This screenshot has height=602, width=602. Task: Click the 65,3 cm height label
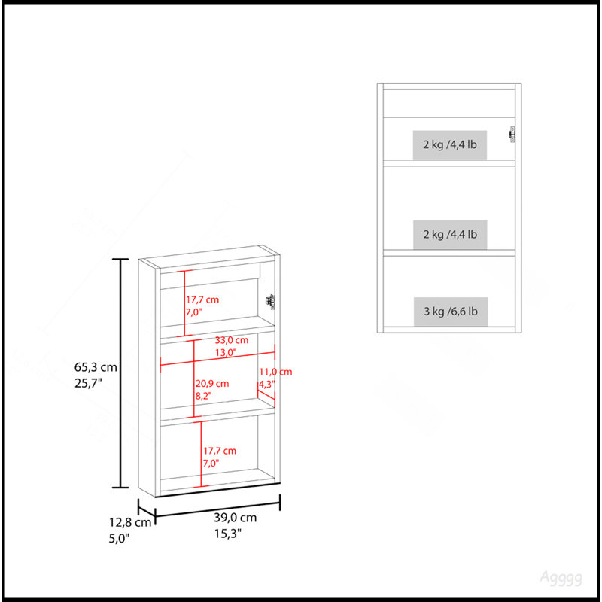[x=96, y=367]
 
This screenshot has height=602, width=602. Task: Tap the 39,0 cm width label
[x=235, y=518]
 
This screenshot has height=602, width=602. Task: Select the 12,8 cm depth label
[x=130, y=522]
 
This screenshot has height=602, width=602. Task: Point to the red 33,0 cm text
[x=232, y=340]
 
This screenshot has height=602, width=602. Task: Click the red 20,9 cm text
[x=212, y=384]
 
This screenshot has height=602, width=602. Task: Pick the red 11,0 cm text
[x=275, y=372]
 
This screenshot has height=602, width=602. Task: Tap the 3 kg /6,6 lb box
[x=451, y=312]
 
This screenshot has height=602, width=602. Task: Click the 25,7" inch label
[x=88, y=383]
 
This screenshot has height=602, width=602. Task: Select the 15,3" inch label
[x=228, y=534]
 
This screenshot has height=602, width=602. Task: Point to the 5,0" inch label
[x=119, y=538]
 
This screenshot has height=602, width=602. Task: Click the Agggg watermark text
[x=561, y=578]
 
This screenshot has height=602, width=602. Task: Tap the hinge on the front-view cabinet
[x=512, y=135]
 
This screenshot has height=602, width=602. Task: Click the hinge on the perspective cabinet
[x=271, y=302]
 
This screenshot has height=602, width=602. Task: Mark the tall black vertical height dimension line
[x=120, y=373]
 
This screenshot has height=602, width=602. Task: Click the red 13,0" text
[x=225, y=352]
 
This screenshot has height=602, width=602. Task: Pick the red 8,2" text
[x=203, y=396]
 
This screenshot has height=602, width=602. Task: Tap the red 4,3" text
[x=267, y=384]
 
